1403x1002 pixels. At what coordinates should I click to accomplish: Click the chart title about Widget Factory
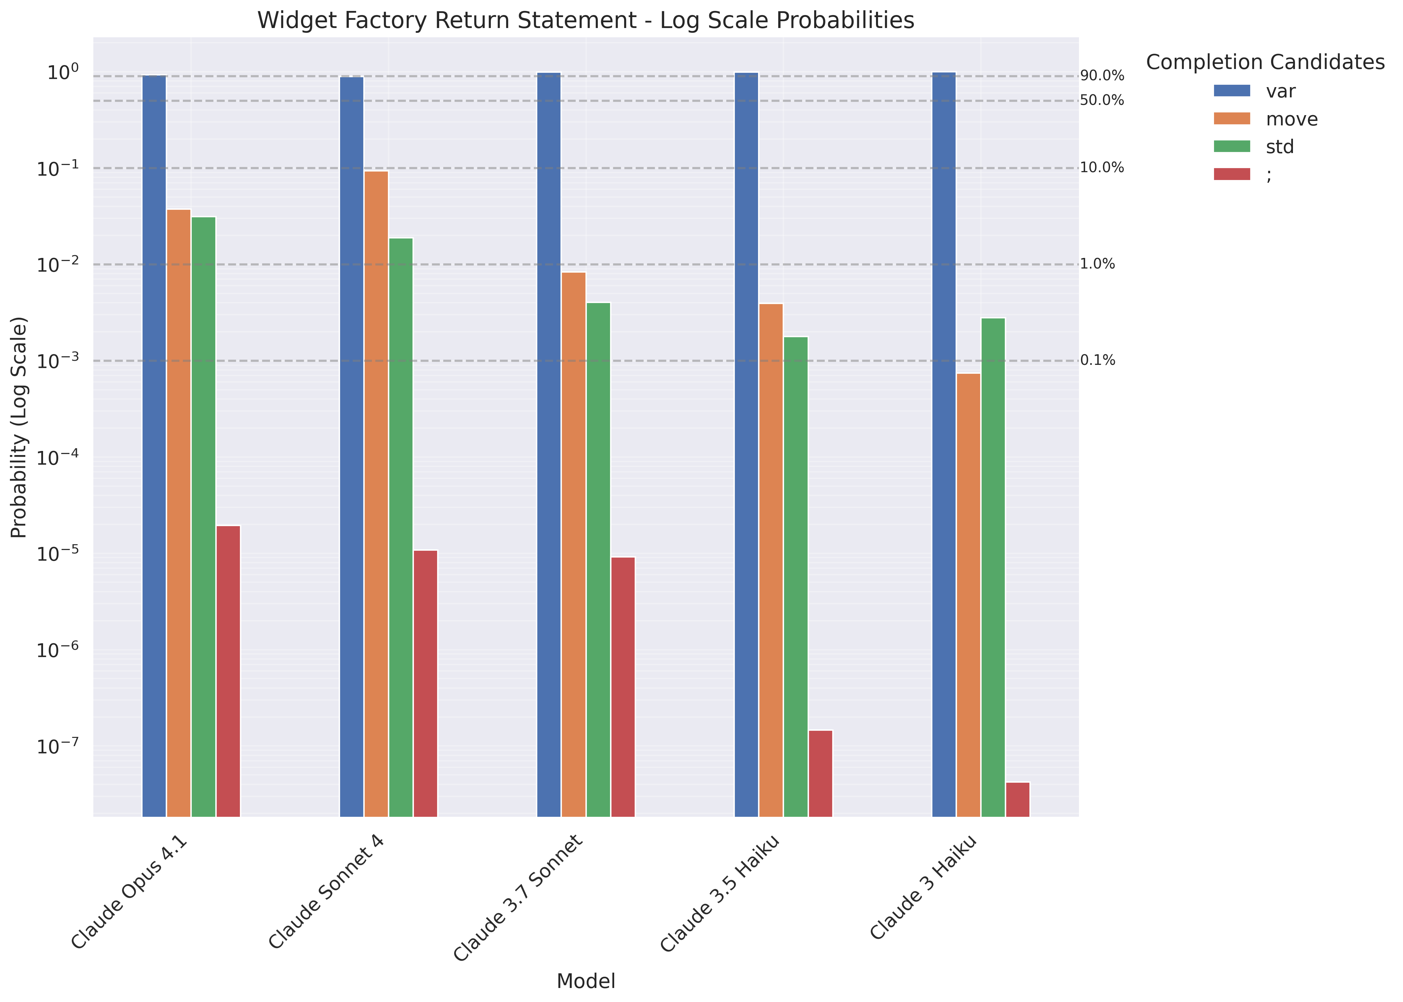585,21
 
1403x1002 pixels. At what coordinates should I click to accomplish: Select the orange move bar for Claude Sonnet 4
376,494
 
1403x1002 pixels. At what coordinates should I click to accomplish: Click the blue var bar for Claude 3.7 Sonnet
549,444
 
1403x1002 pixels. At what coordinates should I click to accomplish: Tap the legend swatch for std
1231,147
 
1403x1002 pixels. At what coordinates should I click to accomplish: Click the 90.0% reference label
1102,77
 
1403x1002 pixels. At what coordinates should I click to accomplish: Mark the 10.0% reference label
1102,168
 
